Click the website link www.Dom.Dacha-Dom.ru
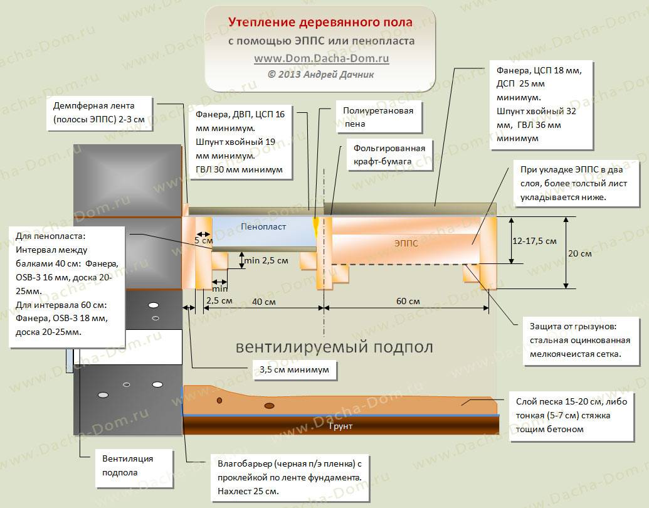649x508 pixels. pos(322,58)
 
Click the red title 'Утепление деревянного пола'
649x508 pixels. pos(320,22)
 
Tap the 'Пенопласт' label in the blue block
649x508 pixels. pos(263,226)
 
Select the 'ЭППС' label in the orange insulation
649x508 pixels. pos(406,243)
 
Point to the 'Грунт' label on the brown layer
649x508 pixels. pos(340,426)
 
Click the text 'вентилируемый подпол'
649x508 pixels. pos(334,347)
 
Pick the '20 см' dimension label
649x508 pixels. pos(579,253)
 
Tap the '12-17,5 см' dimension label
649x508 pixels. pos(534,241)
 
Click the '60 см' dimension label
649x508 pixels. pos(408,301)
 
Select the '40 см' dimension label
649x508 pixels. pos(263,302)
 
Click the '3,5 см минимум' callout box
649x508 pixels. pos(294,370)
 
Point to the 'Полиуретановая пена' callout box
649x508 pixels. pos(378,117)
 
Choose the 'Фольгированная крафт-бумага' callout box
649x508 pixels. pos(389,155)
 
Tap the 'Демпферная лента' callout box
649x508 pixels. pos(99,113)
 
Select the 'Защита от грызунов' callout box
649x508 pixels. pos(581,341)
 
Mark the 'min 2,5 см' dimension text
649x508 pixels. pos(266,260)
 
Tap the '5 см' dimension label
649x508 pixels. pos(204,240)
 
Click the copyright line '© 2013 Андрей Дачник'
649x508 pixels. pos(321,75)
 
